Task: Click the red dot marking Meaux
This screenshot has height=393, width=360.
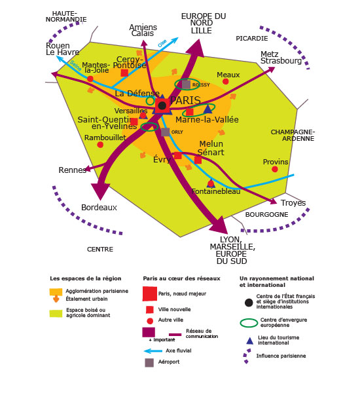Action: [x=225, y=81]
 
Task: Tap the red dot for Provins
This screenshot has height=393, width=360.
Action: [x=275, y=169]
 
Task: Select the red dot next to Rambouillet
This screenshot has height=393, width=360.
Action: [x=100, y=145]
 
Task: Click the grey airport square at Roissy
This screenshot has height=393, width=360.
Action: [x=186, y=84]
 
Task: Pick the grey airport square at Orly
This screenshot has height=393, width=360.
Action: [x=165, y=132]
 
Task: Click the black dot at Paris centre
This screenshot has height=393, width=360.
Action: [x=162, y=105]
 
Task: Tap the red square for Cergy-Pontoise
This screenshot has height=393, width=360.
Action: [x=124, y=73]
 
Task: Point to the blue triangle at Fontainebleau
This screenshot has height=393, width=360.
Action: [x=211, y=183]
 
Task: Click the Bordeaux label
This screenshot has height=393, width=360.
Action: [x=99, y=208]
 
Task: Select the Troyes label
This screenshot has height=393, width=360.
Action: [x=293, y=203]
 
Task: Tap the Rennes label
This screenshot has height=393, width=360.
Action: [x=73, y=170]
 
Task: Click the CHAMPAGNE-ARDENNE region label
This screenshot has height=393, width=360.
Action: [x=293, y=136]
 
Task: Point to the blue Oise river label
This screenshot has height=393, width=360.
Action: [x=162, y=43]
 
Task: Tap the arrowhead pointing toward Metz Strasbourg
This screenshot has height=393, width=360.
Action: [x=271, y=69]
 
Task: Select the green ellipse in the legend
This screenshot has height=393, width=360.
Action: [x=249, y=323]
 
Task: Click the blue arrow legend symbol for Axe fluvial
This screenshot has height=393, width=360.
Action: [x=153, y=351]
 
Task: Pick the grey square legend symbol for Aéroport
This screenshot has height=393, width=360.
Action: [x=149, y=363]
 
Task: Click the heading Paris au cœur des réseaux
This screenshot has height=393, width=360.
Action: [x=181, y=278]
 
